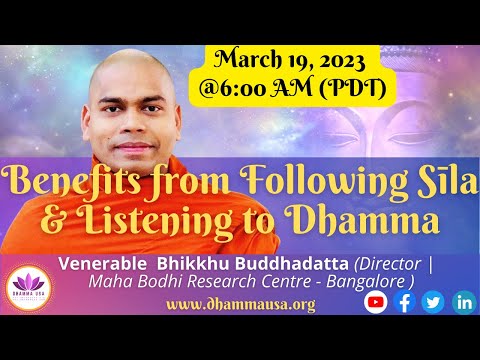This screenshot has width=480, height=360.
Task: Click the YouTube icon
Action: coord(377,301)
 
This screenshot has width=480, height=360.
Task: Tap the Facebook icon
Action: coord(405,301)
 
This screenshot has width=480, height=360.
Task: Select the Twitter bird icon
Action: coord(432,301)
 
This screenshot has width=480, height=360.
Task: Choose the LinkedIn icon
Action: coord(461,301)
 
